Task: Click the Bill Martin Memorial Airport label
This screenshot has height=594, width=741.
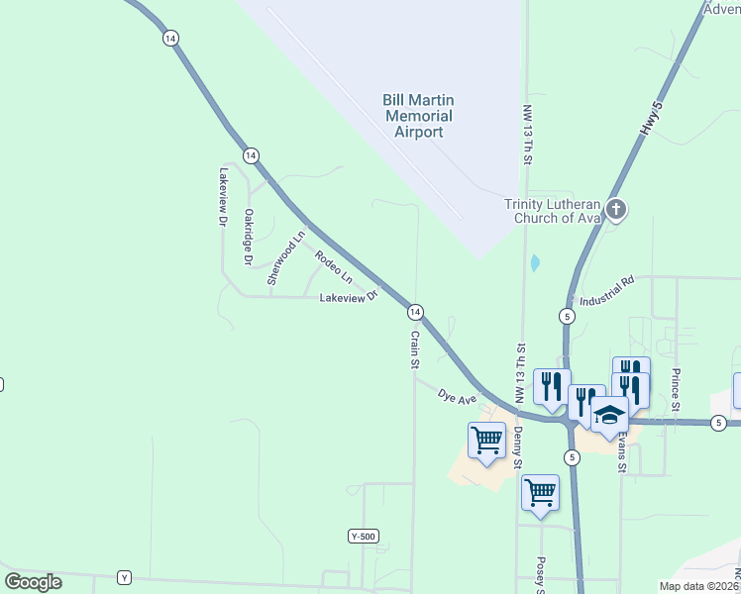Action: [417, 116]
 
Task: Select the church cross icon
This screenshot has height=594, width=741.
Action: [616, 209]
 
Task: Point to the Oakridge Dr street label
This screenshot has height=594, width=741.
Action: [249, 237]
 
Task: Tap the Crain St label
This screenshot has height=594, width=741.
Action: [415, 349]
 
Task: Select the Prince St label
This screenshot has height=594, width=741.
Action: [675, 391]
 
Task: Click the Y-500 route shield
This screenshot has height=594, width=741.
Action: [364, 536]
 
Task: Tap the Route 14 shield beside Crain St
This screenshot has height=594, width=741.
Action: [415, 312]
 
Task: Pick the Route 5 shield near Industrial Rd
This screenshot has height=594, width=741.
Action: [566, 316]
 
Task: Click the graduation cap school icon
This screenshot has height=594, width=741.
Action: [609, 415]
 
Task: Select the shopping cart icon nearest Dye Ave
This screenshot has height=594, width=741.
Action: [486, 439]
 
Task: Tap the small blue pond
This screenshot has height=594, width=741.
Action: [535, 263]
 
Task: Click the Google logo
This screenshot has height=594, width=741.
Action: [34, 582]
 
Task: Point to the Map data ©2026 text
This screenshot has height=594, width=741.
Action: [699, 586]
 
